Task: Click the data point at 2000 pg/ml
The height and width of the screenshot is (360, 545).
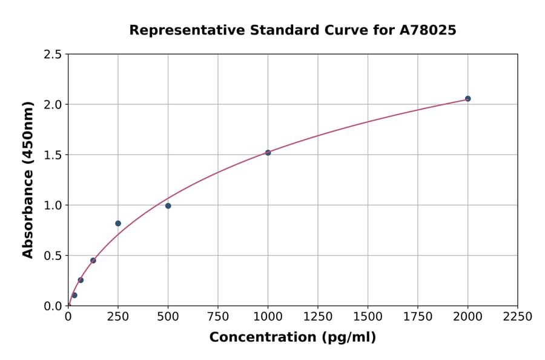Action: click(x=467, y=99)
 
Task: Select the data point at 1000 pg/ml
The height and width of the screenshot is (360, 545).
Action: click(x=268, y=153)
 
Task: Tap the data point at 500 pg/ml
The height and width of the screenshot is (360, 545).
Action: click(x=168, y=206)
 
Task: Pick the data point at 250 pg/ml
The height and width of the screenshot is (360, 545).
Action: click(x=118, y=224)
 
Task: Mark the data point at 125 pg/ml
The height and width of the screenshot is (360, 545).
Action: click(x=93, y=261)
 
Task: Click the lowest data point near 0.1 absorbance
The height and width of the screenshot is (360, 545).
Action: click(x=74, y=295)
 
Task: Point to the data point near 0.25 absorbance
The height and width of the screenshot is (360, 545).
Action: click(x=81, y=280)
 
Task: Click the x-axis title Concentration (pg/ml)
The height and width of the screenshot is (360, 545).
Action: click(x=292, y=338)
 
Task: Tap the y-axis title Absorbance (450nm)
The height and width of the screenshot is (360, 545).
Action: click(x=28, y=179)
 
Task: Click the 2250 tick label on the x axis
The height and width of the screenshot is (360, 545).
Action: click(x=517, y=317)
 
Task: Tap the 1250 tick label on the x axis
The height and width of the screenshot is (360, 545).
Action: click(x=317, y=317)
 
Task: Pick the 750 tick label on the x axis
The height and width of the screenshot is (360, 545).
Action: click(x=218, y=317)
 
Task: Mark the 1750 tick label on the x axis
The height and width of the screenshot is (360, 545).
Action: click(x=417, y=317)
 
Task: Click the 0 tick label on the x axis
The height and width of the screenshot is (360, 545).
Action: click(x=68, y=317)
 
